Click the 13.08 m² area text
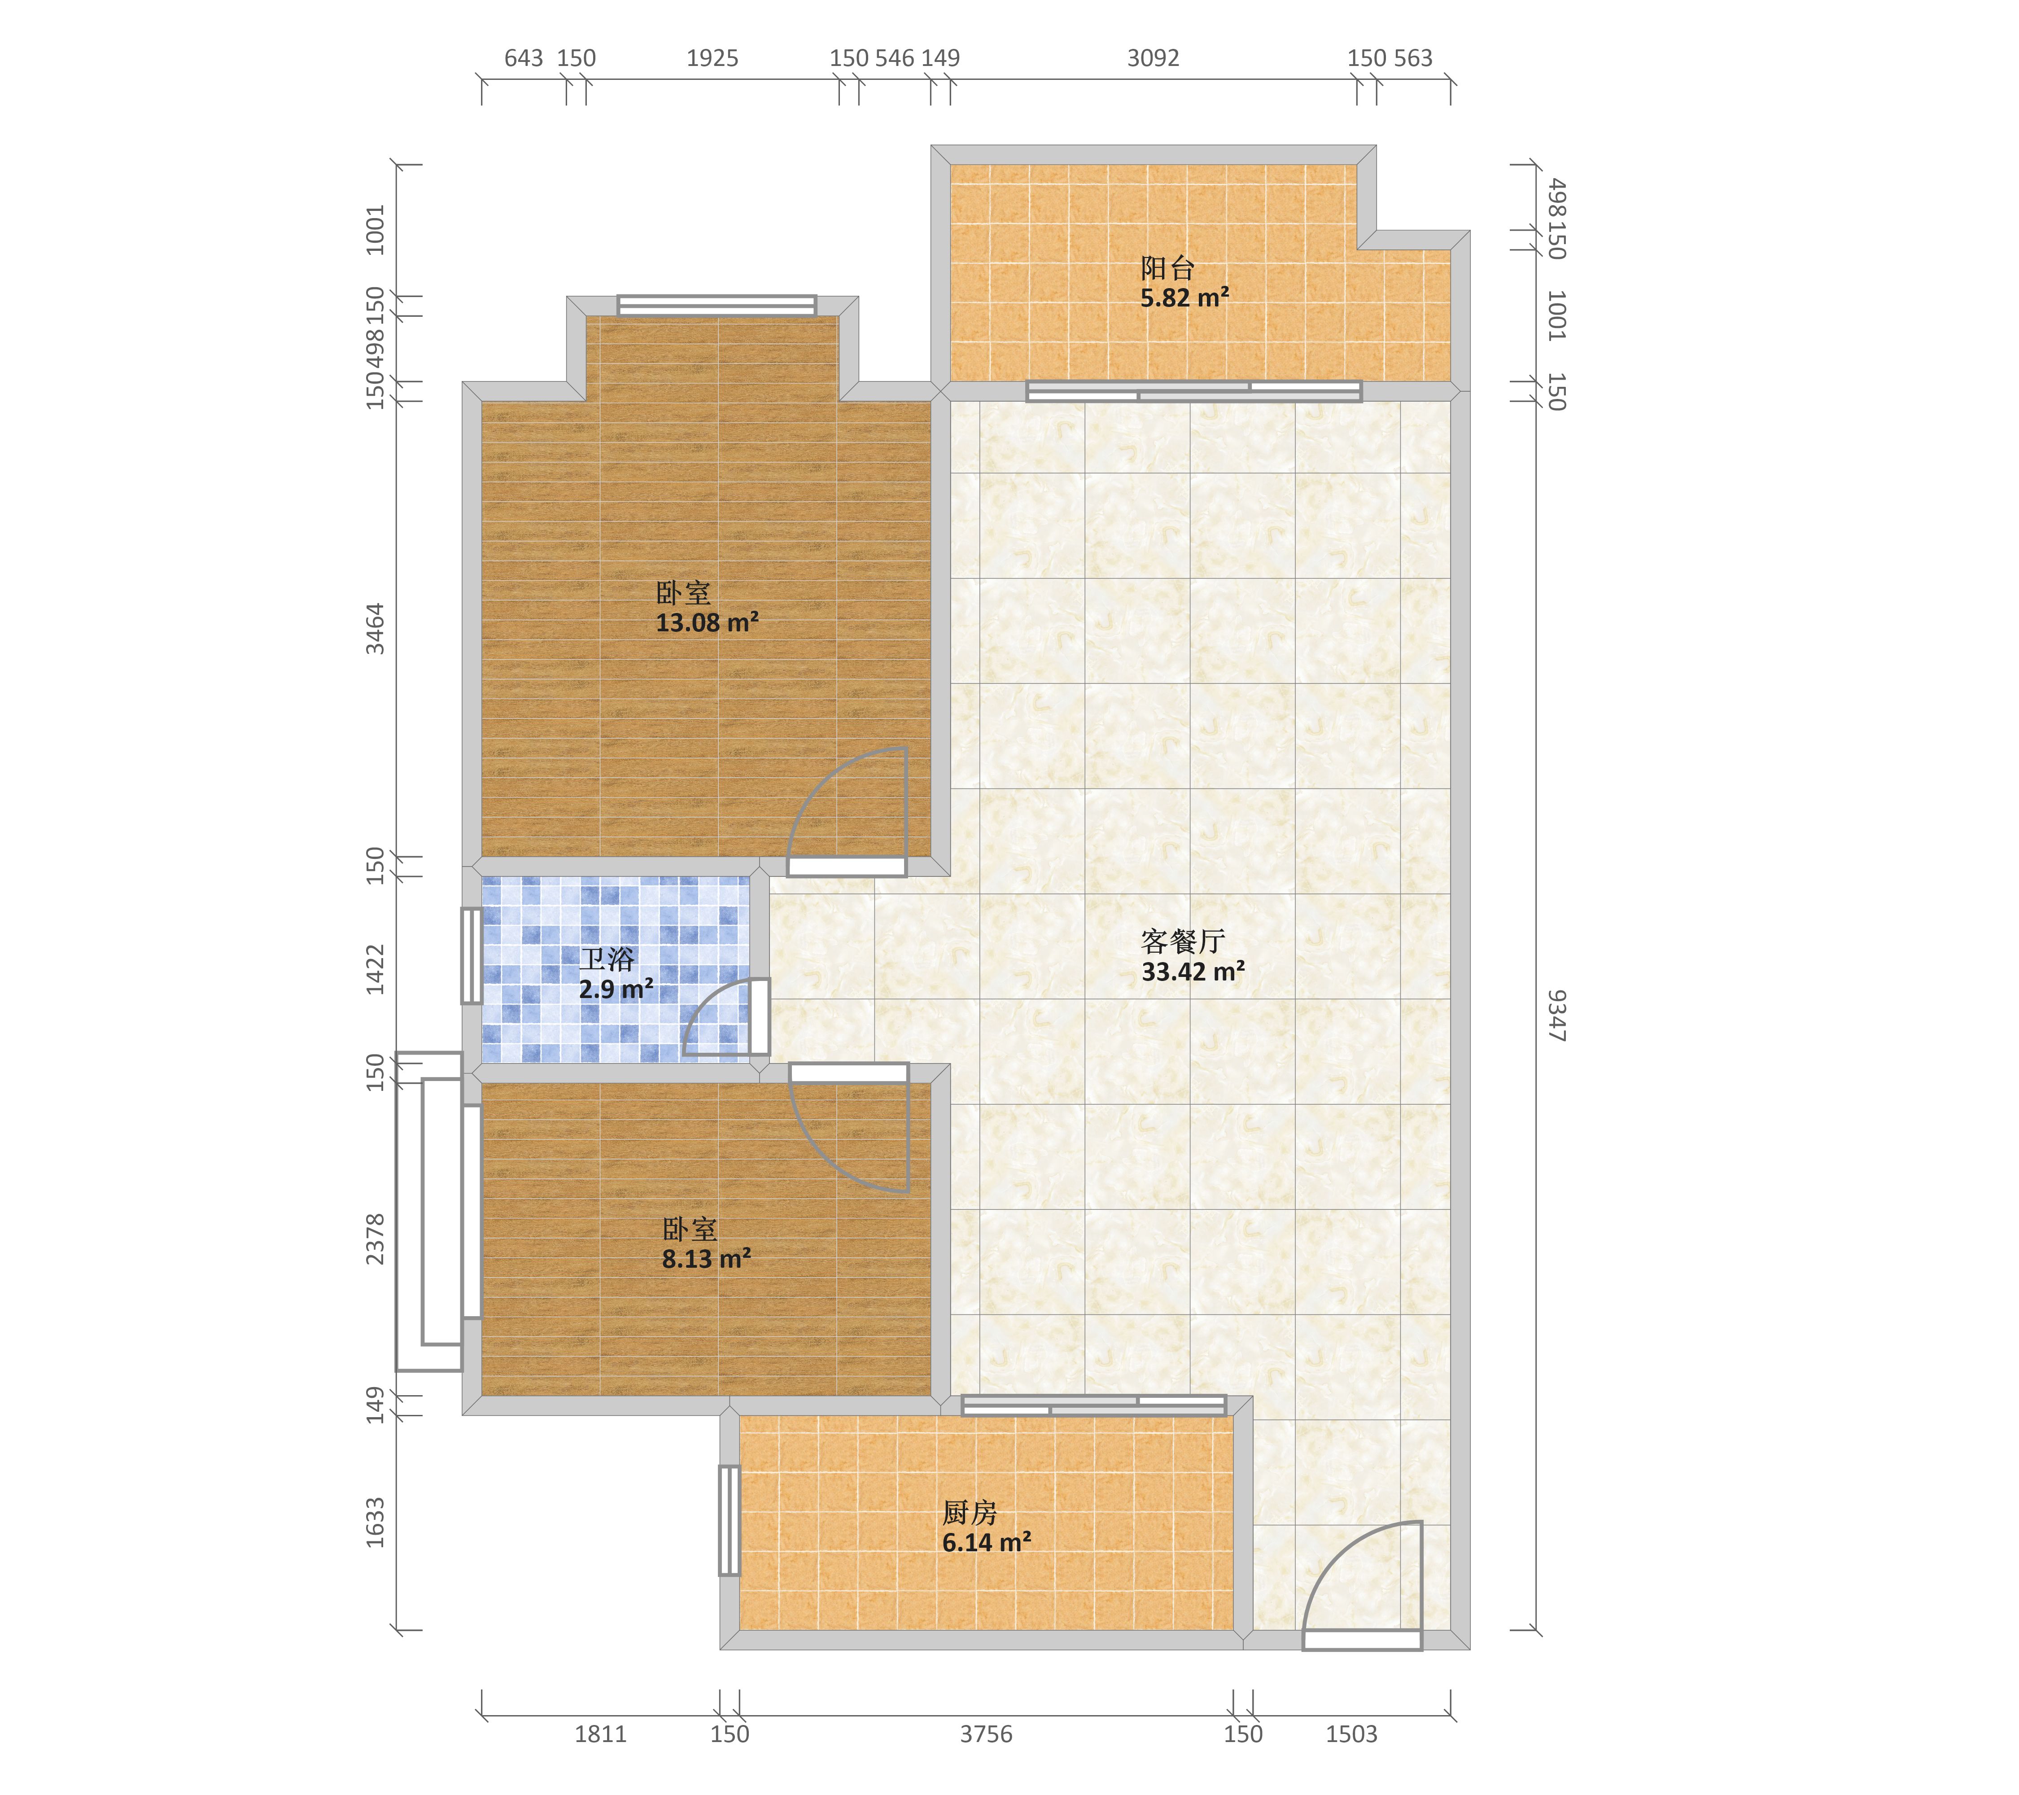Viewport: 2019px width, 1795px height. point(707,622)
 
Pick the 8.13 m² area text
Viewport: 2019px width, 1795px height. point(706,1259)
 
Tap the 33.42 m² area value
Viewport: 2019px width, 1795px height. point(1193,971)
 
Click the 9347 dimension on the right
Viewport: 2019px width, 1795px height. point(1556,1016)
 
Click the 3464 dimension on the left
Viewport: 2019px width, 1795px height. point(376,628)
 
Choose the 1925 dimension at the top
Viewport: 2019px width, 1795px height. point(712,58)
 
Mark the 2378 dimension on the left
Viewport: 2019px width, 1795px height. point(376,1239)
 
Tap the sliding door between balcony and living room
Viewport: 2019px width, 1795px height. point(1194,391)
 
